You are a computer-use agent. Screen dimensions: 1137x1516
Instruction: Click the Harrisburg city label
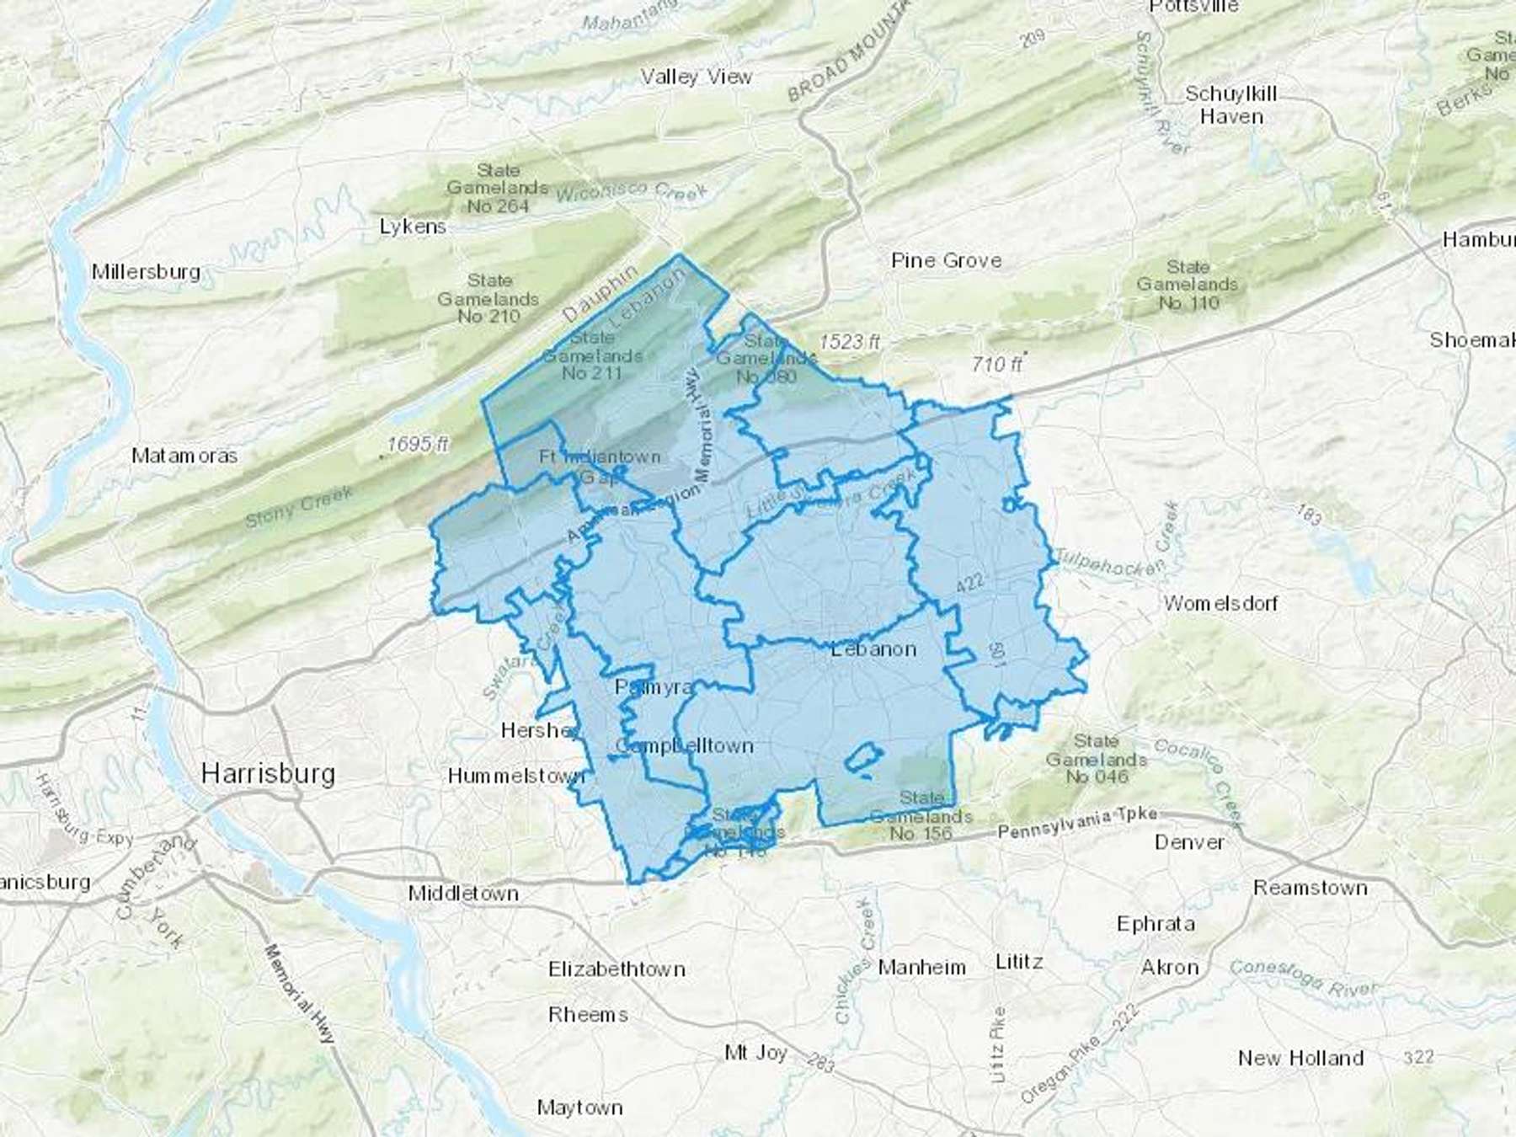coord(268,773)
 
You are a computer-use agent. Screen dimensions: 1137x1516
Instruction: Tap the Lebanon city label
coord(873,649)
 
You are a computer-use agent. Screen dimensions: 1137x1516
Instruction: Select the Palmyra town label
coord(654,687)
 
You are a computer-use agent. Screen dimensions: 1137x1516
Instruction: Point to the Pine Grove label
coord(947,261)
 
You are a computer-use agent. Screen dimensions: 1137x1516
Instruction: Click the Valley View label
coord(696,77)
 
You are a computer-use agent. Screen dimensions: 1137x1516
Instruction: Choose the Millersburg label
coord(147,272)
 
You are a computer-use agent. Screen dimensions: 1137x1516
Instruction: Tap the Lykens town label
coord(413,227)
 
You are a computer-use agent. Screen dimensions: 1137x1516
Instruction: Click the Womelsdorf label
coord(1220,603)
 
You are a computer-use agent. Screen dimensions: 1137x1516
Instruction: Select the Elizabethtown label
coord(617,969)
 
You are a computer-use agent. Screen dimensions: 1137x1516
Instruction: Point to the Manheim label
coord(921,968)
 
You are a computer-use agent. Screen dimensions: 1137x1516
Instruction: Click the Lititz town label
coord(1019,962)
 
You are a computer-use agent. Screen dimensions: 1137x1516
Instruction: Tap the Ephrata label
coord(1156,924)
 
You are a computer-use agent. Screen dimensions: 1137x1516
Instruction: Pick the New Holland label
coord(1300,1058)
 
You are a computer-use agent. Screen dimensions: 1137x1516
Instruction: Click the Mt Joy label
coord(755,1053)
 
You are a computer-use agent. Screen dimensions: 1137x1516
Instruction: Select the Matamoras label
coord(184,456)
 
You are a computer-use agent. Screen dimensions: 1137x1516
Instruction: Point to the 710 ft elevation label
coord(996,364)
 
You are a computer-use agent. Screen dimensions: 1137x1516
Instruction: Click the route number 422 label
coord(970,582)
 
